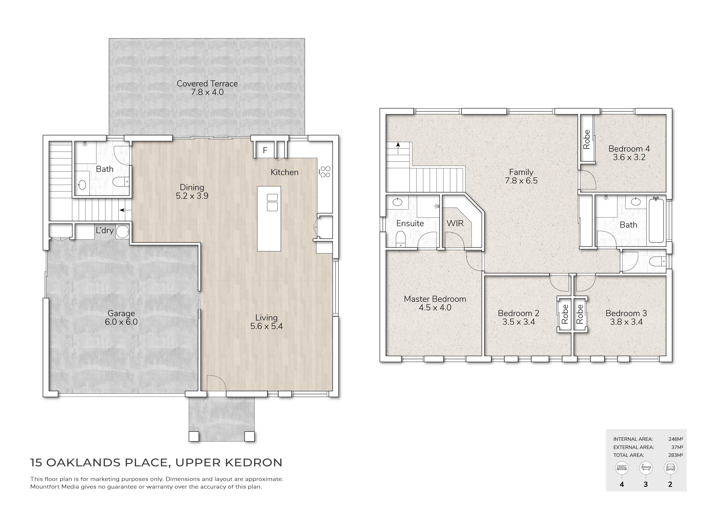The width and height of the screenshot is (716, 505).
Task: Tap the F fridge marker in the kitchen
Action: coord(265,151)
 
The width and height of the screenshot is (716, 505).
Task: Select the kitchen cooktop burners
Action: coord(325,171)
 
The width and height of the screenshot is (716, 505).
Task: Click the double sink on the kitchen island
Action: coord(272,202)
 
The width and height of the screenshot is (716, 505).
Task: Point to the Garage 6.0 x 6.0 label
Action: coord(121,318)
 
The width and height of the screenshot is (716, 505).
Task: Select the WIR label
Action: coord(455,223)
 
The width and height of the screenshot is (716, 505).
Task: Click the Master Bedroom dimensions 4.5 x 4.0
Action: coord(435,307)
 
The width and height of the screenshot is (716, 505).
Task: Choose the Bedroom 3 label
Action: coord(626,313)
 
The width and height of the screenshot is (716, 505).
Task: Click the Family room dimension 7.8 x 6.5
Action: coord(521,181)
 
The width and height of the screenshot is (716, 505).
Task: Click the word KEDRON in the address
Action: coord(254,463)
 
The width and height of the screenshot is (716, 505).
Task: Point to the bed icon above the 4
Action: coord(622,468)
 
